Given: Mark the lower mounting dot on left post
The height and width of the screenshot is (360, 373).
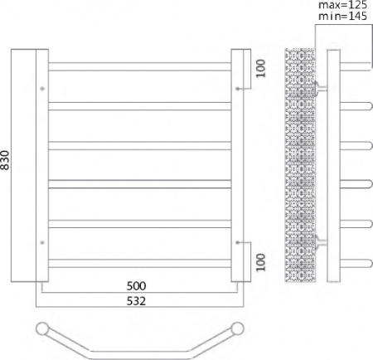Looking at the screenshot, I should click(x=41, y=242).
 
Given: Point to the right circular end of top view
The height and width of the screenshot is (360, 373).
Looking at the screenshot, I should click(x=238, y=328).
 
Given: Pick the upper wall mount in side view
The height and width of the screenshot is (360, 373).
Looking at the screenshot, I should click(x=322, y=86).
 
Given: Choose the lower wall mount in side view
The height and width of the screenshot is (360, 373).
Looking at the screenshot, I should click(x=322, y=242).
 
